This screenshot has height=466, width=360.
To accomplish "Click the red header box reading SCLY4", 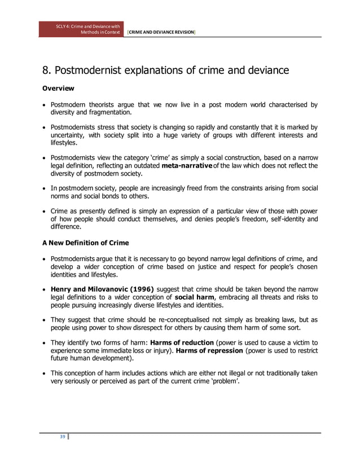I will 81,29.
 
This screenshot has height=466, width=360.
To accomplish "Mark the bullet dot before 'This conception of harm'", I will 45,373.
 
